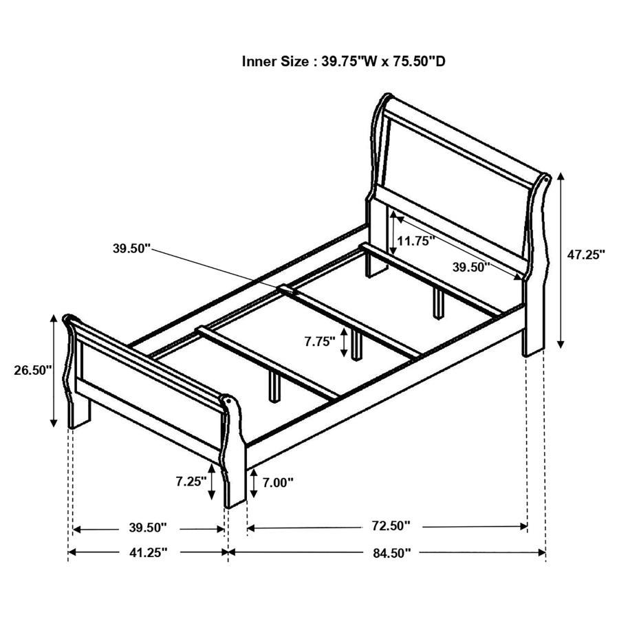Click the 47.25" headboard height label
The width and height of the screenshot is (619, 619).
[x=586, y=254]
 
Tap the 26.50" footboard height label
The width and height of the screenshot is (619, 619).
[x=32, y=370]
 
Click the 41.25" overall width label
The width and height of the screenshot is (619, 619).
[x=148, y=552]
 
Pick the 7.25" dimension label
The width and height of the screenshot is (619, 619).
[x=191, y=481]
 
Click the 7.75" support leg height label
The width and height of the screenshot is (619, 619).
[x=320, y=340]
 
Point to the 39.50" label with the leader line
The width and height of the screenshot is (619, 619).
[x=131, y=249]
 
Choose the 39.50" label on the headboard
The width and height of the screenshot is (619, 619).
[x=471, y=267]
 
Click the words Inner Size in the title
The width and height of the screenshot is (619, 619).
[x=275, y=61]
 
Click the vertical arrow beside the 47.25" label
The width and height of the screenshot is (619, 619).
[x=561, y=259]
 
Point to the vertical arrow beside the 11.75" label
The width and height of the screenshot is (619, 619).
[x=393, y=234]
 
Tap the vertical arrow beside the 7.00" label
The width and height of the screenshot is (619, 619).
[x=255, y=484]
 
